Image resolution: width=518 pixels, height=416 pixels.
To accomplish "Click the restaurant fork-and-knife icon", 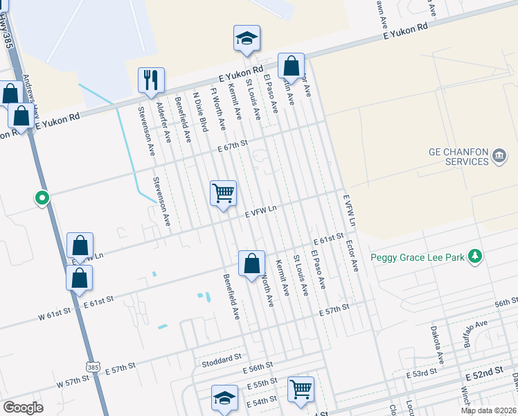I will click(150, 80).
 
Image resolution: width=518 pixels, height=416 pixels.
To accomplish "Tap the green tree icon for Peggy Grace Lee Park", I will click(474, 257).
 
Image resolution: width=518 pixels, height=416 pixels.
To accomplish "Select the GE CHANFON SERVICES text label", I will click(449, 157).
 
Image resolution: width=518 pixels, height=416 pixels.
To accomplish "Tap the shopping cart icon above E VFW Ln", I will click(223, 193).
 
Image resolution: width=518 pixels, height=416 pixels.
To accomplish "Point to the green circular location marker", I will click(42, 198).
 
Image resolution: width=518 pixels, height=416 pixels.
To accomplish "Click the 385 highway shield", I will click(92, 365).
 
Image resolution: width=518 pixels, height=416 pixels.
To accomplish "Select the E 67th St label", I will click(232, 146).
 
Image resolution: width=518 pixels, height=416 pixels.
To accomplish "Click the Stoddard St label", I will click(220, 362).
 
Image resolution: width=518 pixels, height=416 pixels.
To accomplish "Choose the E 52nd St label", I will click(484, 375).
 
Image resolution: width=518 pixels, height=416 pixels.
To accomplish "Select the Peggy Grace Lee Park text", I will click(417, 257).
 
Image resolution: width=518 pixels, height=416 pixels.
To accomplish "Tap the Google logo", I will click(23, 408).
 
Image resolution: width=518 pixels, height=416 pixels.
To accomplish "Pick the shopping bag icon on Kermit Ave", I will click(252, 263).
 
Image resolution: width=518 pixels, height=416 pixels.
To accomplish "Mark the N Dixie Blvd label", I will click(201, 112).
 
